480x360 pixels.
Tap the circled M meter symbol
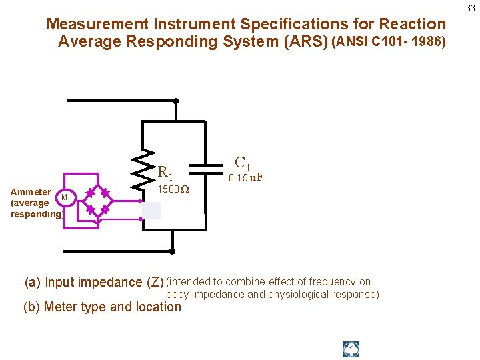[x=65, y=197]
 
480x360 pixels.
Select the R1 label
[x=165, y=173]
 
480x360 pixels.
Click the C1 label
[x=243, y=162]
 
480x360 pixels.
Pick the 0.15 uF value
[x=246, y=177]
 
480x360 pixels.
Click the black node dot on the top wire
[x=175, y=101]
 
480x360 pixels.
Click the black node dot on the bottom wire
[x=172, y=251]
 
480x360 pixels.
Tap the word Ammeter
[x=31, y=192]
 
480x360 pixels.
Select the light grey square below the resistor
[x=151, y=210]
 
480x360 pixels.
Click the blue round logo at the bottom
[x=351, y=349]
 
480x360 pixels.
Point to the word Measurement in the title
[x=97, y=25]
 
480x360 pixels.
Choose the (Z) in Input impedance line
[x=155, y=283]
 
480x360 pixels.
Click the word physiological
[x=296, y=294]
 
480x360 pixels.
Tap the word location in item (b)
[x=159, y=307]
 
